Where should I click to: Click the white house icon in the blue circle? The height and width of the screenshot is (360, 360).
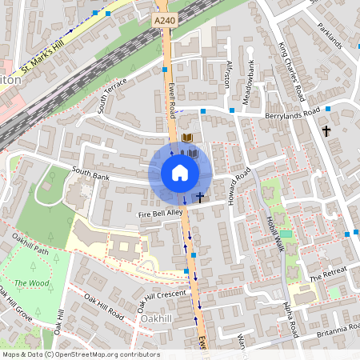click(179, 173)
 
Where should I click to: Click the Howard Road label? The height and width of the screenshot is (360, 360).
click(239, 186)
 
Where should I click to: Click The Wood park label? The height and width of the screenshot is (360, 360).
click(30, 283)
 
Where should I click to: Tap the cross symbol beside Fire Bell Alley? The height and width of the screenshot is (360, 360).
click(200, 197)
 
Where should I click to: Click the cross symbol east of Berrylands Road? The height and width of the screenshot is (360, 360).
click(326, 130)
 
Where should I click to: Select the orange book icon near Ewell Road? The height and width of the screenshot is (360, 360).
click(188, 138)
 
